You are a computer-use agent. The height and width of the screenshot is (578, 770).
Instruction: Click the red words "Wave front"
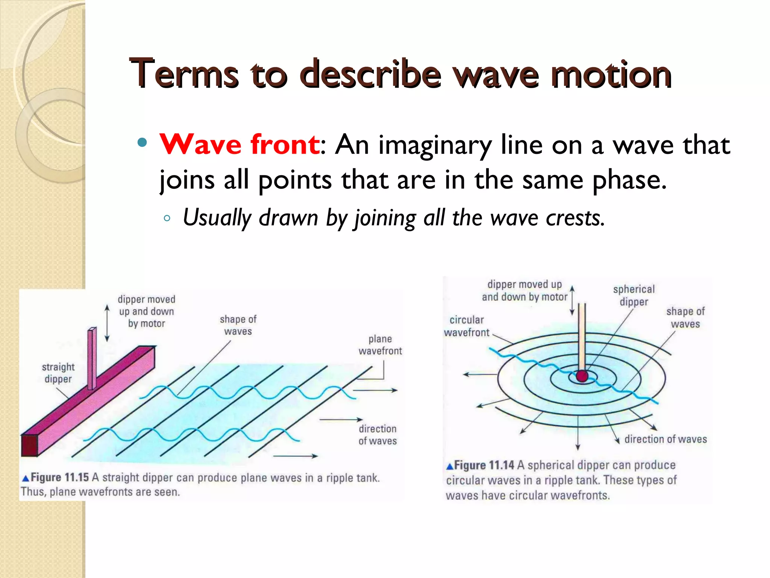(239, 144)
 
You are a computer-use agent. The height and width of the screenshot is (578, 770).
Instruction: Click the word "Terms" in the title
(184, 74)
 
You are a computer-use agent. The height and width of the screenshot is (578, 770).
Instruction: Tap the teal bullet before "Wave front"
(142, 143)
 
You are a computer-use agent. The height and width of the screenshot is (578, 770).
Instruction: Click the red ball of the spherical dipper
(582, 376)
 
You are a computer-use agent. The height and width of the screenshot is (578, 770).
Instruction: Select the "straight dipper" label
(58, 373)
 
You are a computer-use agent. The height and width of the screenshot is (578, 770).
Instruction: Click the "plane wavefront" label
(380, 345)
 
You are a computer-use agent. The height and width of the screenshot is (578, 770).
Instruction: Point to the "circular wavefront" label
(467, 326)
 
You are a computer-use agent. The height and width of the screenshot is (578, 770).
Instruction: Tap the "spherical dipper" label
(634, 295)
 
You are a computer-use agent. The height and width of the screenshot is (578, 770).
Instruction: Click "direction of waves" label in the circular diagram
(665, 439)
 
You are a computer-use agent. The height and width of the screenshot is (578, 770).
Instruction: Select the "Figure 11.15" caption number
(59, 478)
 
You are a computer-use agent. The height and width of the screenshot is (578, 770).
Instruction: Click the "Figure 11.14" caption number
(484, 465)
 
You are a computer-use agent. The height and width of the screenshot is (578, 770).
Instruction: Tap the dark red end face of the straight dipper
(29, 445)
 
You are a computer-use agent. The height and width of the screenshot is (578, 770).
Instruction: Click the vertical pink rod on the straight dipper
(92, 357)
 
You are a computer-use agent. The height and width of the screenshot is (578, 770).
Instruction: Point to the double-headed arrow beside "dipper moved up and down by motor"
(107, 323)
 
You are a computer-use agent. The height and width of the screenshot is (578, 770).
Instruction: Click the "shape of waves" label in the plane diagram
(238, 325)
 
